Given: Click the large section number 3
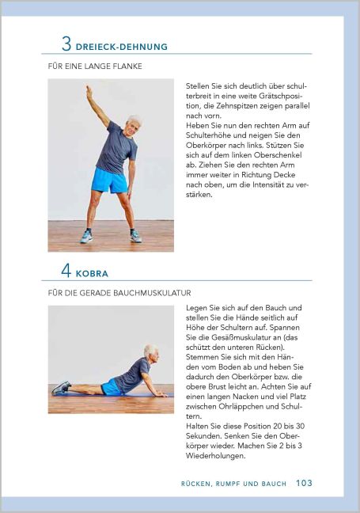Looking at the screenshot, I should point(66,44).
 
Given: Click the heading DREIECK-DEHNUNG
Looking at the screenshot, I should point(122,47).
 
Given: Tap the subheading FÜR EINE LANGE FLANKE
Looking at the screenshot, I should point(95,66).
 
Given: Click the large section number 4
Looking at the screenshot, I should point(66,271).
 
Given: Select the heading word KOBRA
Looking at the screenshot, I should point(92,274).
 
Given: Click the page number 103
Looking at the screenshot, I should point(305,482).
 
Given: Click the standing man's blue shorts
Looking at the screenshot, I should point(108,180).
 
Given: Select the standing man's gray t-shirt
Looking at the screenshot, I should point(116,149).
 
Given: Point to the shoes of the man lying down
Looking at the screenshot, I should point(61,388).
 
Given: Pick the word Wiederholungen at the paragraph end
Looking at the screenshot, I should point(215,456).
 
